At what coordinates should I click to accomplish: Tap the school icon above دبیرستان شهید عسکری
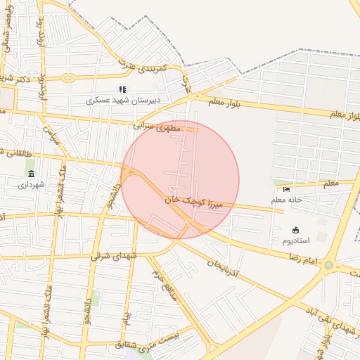[122, 89]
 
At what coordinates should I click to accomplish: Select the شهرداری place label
[31, 185]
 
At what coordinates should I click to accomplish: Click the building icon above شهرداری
[31, 174]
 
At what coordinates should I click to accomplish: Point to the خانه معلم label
[286, 200]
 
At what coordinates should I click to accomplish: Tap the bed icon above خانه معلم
[286, 189]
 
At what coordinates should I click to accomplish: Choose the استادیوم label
[295, 240]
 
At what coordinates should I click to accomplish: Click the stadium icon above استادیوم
[295, 229]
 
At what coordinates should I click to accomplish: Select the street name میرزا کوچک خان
[193, 202]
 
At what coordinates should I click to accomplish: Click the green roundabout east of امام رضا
[328, 265]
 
